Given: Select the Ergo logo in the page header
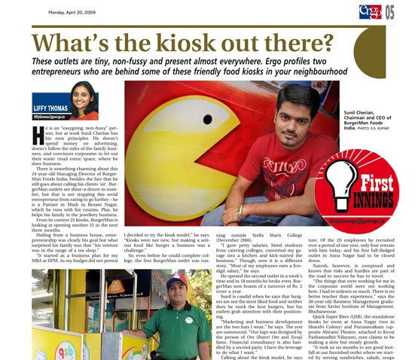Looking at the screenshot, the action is pyautogui.click(x=370, y=11).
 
